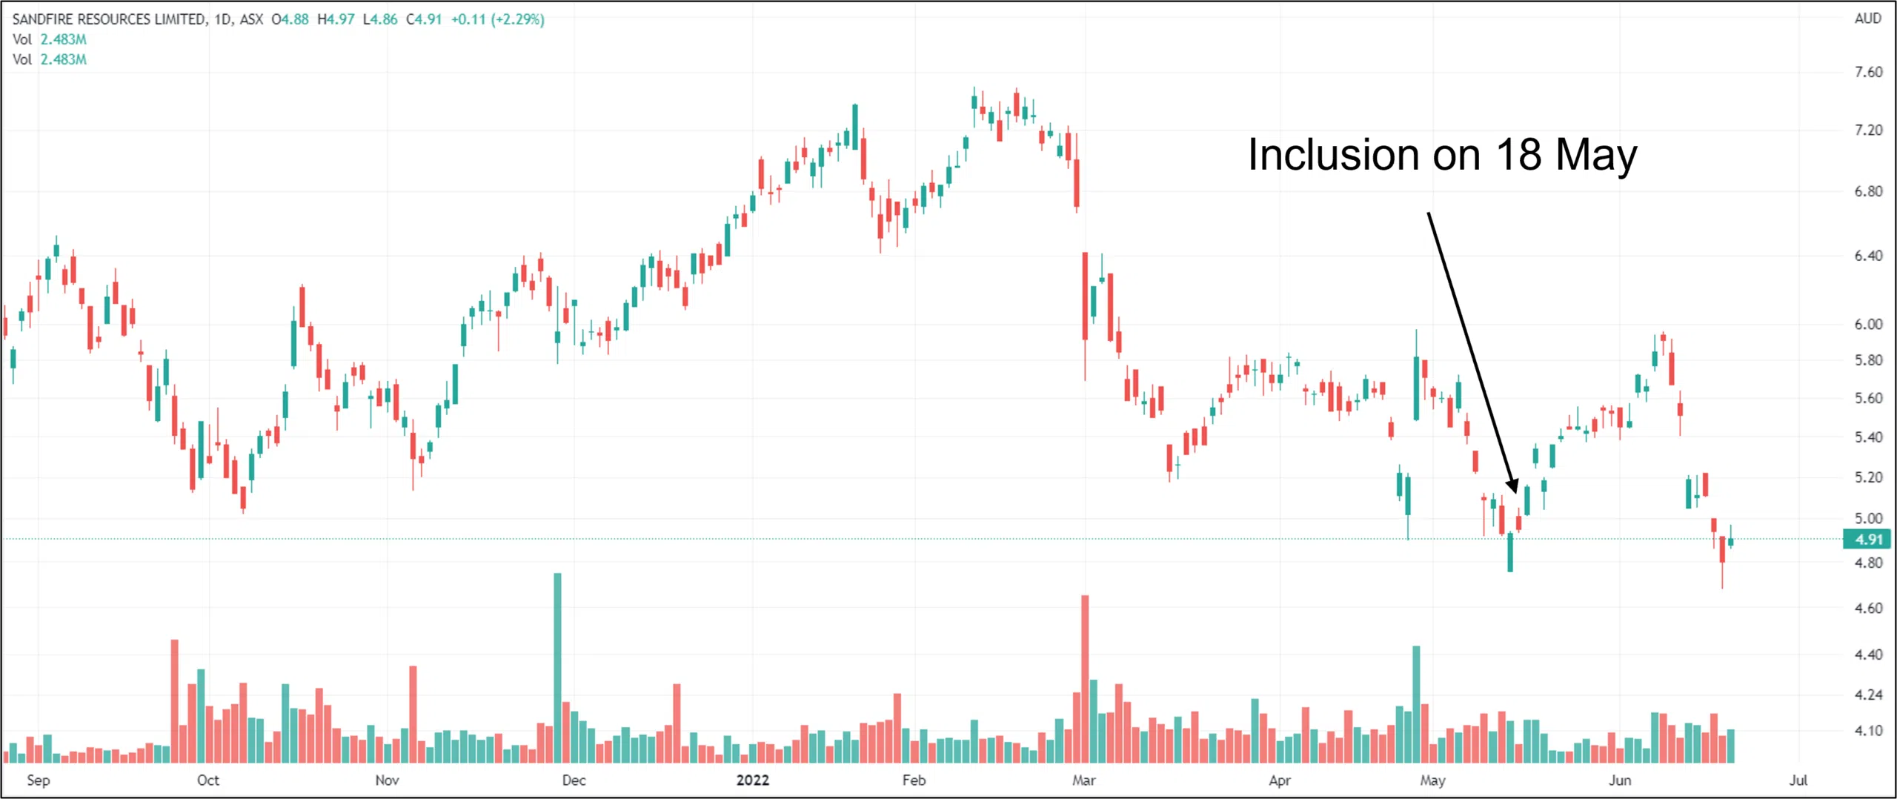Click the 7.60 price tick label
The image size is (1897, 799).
click(x=1868, y=72)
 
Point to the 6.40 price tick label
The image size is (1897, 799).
click(x=1868, y=256)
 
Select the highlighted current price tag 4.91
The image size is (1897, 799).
click(x=1867, y=540)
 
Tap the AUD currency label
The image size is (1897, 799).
click(x=1867, y=19)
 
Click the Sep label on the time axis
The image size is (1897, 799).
click(x=39, y=780)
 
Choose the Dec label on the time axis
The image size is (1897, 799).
click(x=574, y=780)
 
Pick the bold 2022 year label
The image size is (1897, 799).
click(x=753, y=780)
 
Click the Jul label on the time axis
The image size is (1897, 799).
click(x=1798, y=780)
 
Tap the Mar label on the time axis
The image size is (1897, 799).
click(x=1083, y=780)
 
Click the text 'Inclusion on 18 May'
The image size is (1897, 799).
click(x=1442, y=155)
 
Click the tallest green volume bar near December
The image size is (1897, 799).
click(x=557, y=667)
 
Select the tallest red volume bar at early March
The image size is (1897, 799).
click(x=1085, y=678)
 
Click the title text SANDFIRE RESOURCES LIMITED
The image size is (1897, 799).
click(x=110, y=19)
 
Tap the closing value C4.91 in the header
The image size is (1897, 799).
click(x=424, y=19)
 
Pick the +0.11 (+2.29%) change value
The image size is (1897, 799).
click(x=498, y=19)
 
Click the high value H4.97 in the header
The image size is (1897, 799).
click(x=336, y=19)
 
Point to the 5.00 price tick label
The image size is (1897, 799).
click(x=1868, y=519)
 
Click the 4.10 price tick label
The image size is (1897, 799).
click(x=1868, y=731)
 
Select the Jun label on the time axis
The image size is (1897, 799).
click(x=1620, y=780)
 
